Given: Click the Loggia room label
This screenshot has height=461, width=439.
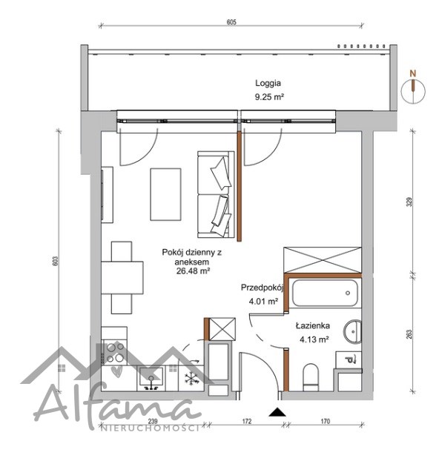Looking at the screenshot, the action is pyautogui.click(x=268, y=83).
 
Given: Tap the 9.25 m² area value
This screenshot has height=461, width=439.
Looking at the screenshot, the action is pyautogui.click(x=269, y=97).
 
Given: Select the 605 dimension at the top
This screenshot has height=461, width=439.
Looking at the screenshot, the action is pyautogui.click(x=231, y=22).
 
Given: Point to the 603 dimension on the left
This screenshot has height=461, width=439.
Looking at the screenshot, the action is pyautogui.click(x=56, y=261).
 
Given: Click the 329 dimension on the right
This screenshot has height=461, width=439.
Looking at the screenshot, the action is pyautogui.click(x=409, y=202).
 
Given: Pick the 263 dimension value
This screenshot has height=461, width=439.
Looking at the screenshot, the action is pyautogui.click(x=409, y=334).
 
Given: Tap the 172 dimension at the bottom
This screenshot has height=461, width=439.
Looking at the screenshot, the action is pyautogui.click(x=247, y=421).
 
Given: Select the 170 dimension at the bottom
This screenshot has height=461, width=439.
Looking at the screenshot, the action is pyautogui.click(x=325, y=421).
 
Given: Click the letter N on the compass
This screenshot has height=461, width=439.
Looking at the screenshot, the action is pyautogui.click(x=413, y=73).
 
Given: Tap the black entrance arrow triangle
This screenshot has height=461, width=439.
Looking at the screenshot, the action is pyautogui.click(x=277, y=412).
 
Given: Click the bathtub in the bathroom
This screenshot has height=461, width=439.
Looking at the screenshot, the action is pyautogui.click(x=325, y=293).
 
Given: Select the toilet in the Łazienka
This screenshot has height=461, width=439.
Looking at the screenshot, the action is pyautogui.click(x=311, y=377).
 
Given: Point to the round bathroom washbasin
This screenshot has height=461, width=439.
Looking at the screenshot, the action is pyautogui.click(x=352, y=331).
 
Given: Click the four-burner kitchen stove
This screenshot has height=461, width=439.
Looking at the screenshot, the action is pyautogui.click(x=114, y=353).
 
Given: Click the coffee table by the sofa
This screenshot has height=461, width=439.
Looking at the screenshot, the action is pyautogui.click(x=165, y=194).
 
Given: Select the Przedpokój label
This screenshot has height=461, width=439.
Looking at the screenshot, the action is pyautogui.click(x=262, y=288).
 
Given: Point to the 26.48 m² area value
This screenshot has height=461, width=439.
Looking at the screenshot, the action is pyautogui.click(x=193, y=271).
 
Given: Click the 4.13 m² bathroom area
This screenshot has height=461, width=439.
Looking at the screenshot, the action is pyautogui.click(x=314, y=339).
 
